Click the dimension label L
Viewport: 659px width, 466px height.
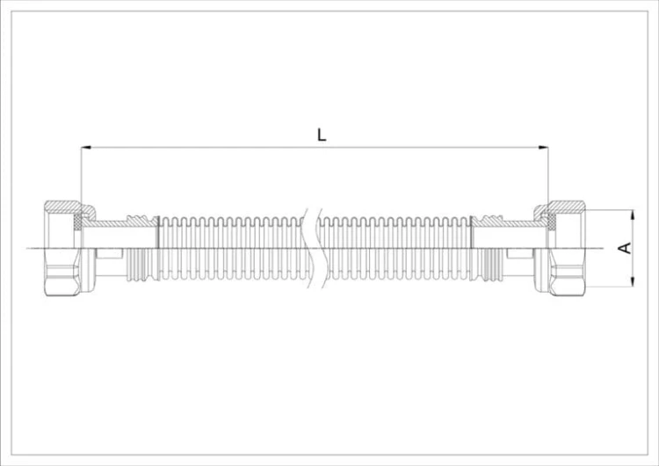[322, 135]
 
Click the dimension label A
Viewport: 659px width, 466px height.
[626, 248]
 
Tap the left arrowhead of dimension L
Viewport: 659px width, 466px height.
[86, 147]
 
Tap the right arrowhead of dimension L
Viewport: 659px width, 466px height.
[543, 147]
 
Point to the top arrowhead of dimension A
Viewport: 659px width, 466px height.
[633, 215]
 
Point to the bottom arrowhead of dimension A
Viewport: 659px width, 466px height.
[633, 281]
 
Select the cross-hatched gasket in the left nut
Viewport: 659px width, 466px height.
[77, 222]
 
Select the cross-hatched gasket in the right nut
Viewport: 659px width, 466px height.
[552, 222]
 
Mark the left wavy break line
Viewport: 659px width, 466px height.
[308, 248]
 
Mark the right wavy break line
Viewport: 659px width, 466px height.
[321, 248]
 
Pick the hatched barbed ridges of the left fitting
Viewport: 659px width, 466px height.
[142, 220]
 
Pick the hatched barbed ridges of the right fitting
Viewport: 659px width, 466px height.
[488, 220]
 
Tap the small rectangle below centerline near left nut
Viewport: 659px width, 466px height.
[109, 253]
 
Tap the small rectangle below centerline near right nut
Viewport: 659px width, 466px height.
[520, 253]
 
